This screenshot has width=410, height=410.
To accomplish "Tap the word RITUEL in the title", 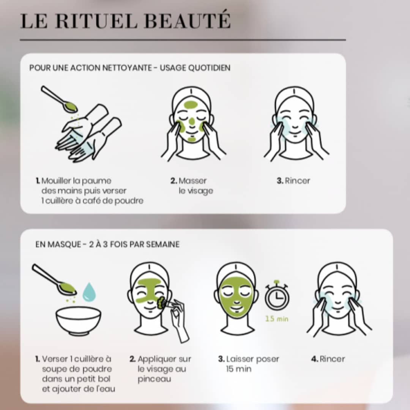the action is [96, 20].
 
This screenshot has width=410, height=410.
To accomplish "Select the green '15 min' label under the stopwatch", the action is [277, 319].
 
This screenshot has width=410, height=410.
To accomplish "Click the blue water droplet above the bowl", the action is [89, 292].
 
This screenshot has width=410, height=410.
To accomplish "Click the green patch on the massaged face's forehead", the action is [191, 105].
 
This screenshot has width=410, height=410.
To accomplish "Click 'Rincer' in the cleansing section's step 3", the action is [297, 181].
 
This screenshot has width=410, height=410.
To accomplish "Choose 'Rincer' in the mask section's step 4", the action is [332, 359].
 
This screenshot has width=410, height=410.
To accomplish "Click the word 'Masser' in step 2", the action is [192, 181].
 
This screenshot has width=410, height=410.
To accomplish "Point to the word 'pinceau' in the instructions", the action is [154, 379].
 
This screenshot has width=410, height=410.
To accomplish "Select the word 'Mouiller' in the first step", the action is [56, 181].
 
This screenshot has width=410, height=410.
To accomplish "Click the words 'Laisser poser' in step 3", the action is [252, 359].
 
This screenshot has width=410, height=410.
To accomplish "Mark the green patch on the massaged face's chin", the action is [191, 139].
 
